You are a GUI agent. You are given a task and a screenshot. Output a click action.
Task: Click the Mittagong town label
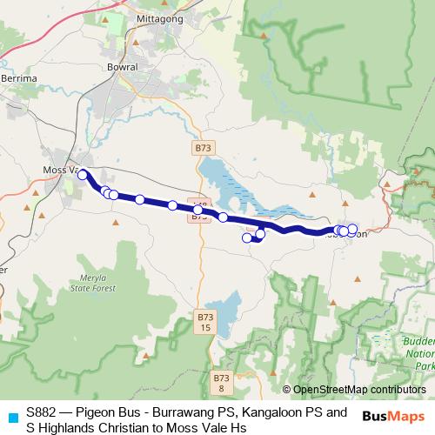157,17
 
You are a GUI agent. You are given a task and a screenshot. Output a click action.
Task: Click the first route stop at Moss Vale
83,174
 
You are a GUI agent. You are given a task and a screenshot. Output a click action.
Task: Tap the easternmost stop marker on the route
352,229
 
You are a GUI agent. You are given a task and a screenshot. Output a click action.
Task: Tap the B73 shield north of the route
203,149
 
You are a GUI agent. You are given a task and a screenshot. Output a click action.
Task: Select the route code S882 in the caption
42,412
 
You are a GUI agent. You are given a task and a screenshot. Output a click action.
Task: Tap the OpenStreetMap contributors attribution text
358,390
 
